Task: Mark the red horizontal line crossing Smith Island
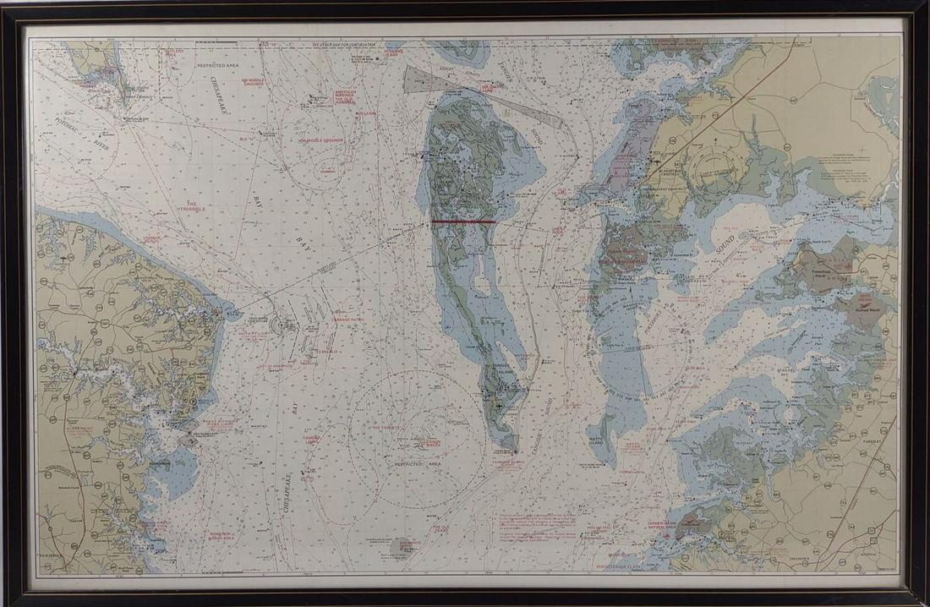click(x=463, y=221)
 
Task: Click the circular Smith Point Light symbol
click(x=280, y=322)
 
